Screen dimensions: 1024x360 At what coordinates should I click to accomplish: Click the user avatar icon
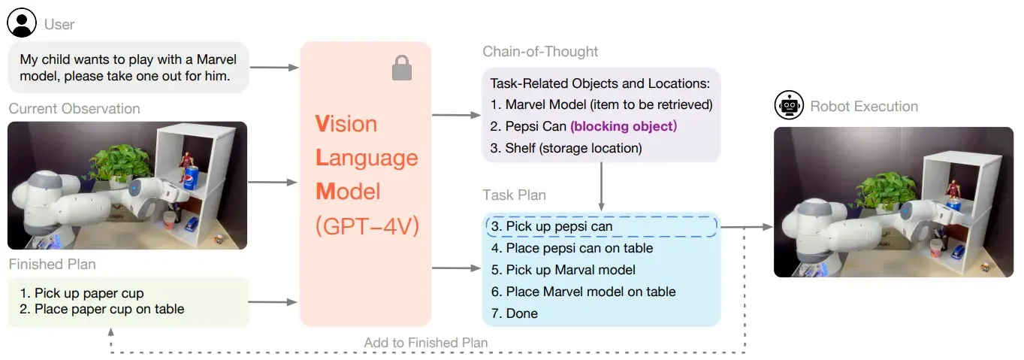point(22,23)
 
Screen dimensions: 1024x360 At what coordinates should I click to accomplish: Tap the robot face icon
point(789,105)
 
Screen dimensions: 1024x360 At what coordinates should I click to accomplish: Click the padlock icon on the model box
point(402,68)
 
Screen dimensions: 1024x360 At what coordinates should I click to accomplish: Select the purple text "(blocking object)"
point(624,126)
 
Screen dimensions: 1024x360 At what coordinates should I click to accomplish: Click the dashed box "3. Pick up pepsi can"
point(602,226)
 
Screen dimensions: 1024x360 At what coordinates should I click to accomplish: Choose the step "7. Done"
point(515,313)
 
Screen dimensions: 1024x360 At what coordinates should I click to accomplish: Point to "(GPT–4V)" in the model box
point(367,226)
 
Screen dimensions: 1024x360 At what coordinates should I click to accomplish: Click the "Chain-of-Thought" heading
point(540,52)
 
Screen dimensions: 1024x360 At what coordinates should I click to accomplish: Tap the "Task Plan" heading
point(515,195)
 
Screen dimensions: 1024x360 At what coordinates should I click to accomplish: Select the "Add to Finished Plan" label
point(425,343)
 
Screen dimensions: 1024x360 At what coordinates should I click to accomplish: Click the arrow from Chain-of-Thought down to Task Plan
point(601,186)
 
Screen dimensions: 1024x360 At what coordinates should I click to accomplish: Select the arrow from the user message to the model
point(274,68)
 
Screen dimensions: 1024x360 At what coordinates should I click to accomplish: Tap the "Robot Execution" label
point(864,107)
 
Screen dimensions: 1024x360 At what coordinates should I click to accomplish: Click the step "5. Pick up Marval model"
point(563,270)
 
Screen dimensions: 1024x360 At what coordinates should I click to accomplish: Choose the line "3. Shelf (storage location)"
point(566,148)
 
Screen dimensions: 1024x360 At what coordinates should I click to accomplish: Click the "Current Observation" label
point(74,109)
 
